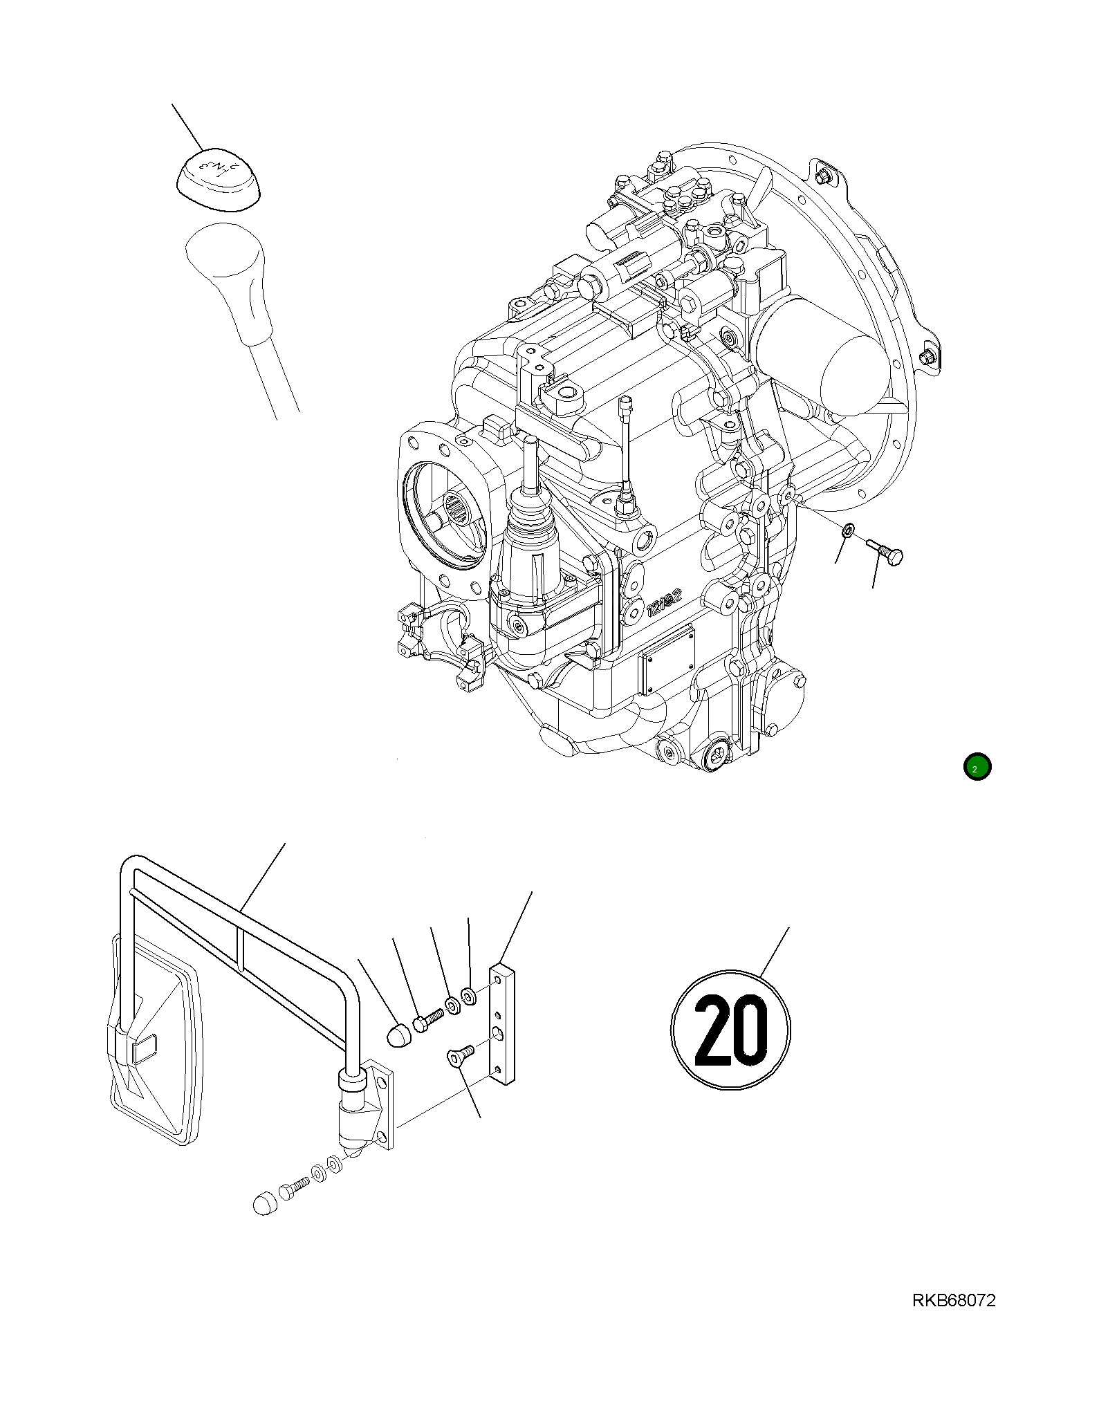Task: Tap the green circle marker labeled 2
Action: [977, 767]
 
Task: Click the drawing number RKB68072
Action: [954, 1301]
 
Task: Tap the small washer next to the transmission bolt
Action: [848, 531]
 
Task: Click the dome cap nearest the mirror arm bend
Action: [399, 1035]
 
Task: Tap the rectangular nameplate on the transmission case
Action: [667, 660]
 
